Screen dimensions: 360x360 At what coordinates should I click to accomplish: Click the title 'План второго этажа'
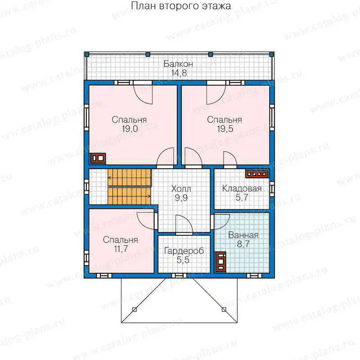181,6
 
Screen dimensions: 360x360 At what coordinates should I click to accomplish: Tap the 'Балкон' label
178,64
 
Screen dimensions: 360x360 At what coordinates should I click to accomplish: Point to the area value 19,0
130,129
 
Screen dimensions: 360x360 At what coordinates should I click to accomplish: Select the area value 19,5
225,129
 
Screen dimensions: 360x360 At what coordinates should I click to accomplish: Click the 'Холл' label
181,189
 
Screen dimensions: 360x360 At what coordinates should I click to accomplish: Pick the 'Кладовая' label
242,189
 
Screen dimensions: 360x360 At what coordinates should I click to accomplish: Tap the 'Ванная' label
243,235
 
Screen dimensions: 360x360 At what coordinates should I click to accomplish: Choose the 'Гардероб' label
184,251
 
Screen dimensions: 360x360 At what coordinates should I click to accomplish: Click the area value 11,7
121,249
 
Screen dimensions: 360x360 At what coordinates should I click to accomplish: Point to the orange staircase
130,187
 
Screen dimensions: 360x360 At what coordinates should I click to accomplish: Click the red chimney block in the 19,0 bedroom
98,158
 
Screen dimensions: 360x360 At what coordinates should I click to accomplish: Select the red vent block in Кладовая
257,174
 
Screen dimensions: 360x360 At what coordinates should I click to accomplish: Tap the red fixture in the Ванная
220,262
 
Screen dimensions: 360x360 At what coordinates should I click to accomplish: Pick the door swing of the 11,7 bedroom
146,220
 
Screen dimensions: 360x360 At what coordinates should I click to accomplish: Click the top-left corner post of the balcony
87,54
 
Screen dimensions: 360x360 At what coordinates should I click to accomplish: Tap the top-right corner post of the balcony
272,54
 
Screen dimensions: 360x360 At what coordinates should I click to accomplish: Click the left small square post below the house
135,310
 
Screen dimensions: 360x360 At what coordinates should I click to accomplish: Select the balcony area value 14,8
179,73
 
